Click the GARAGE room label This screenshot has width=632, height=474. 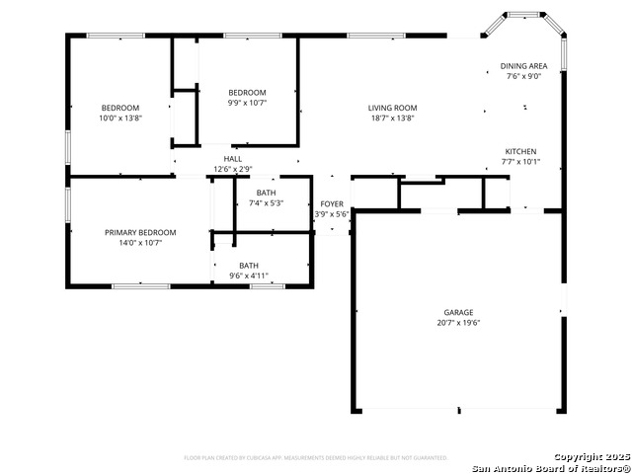[x=458, y=311]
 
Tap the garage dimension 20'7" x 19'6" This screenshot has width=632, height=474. [x=458, y=323]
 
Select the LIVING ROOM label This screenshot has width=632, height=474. [x=391, y=108]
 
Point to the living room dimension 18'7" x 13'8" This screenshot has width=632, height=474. [x=391, y=118]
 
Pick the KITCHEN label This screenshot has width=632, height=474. [x=520, y=151]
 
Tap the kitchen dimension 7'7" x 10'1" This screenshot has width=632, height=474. [x=520, y=162]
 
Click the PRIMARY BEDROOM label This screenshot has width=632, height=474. [x=140, y=232]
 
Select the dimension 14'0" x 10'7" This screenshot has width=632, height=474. [x=140, y=243]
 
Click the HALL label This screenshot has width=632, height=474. [x=233, y=158]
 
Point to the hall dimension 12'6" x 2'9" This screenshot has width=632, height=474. [x=233, y=169]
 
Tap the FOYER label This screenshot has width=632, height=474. [x=332, y=203]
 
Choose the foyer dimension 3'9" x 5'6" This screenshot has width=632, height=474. [x=332, y=214]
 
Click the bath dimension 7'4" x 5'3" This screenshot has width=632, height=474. [x=266, y=203]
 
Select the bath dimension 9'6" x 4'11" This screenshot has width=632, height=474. [x=249, y=276]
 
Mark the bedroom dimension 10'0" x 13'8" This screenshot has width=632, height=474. [x=120, y=118]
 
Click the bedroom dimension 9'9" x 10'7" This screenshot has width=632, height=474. [x=247, y=103]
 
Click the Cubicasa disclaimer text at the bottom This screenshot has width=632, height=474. [x=316, y=458]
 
